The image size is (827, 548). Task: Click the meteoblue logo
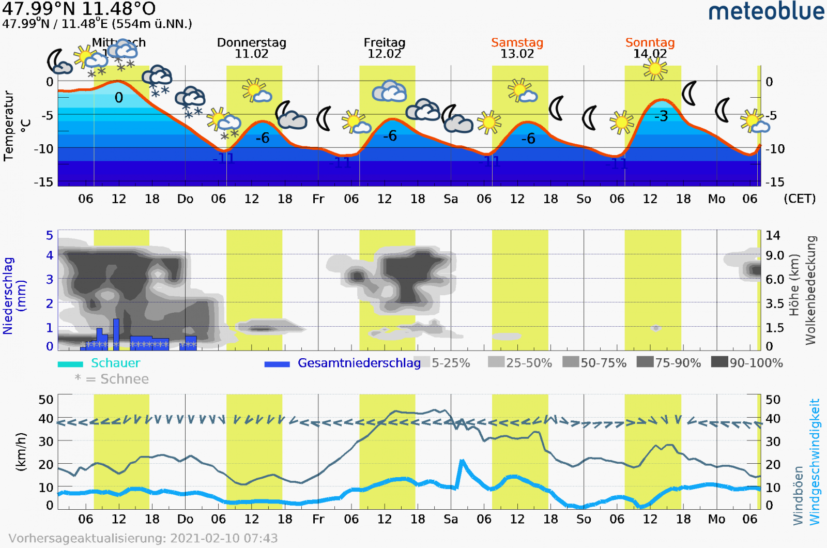tap(766, 11)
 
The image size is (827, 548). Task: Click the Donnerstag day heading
tap(251, 42)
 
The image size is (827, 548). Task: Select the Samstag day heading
tap(517, 42)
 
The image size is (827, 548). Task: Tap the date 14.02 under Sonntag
tap(650, 54)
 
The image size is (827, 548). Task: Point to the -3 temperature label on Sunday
tap(661, 116)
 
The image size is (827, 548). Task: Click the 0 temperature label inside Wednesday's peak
tap(119, 98)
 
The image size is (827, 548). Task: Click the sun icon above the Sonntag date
tap(655, 69)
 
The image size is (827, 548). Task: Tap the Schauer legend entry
tap(115, 363)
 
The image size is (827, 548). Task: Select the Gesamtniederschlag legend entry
tap(359, 363)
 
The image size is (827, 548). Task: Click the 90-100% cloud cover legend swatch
tap(719, 362)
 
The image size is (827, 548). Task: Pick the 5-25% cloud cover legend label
tap(451, 363)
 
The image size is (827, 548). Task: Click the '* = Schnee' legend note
tap(112, 379)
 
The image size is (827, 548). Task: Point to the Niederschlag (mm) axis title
tap(14, 296)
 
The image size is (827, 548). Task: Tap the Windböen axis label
tap(798, 495)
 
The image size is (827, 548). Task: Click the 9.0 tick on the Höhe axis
tap(774, 255)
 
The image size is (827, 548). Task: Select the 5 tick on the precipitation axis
tap(50, 235)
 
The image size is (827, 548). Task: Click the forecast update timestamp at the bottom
tap(143, 538)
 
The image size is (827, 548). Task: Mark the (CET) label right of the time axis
tap(799, 199)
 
